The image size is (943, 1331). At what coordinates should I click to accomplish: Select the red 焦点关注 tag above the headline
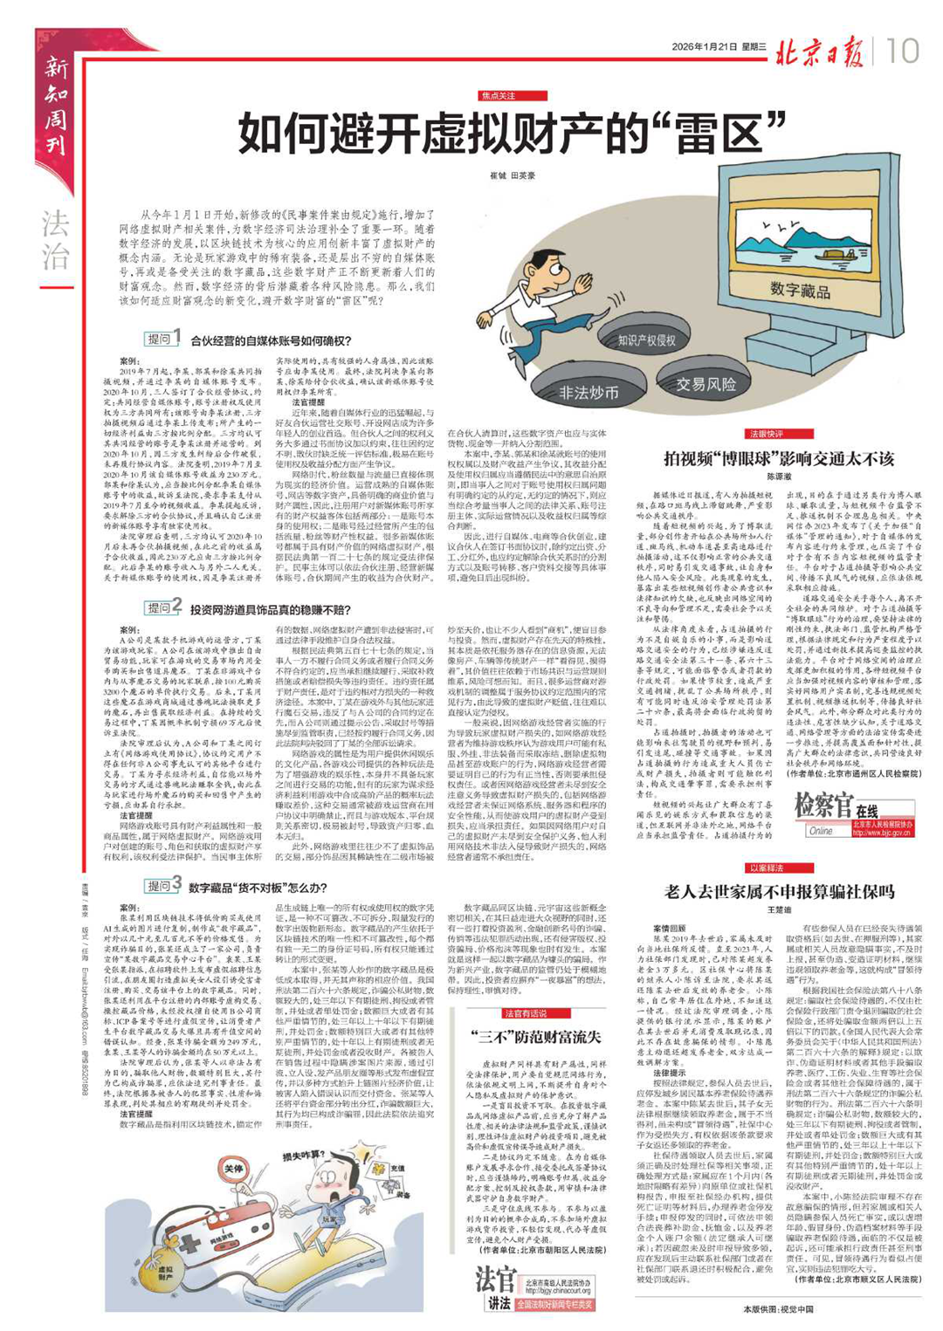pos(499,96)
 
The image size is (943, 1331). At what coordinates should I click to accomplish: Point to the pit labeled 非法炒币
pos(589,392)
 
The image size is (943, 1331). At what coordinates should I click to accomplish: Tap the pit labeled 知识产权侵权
pos(647,340)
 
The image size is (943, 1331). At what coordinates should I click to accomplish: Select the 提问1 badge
pos(163,339)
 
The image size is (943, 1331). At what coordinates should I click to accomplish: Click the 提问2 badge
pos(163,607)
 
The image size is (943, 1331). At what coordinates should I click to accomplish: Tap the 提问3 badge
pos(163,884)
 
